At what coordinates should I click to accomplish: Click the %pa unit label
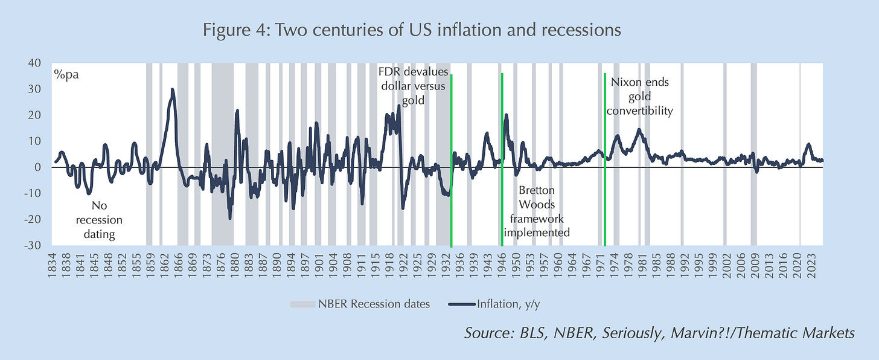pos(66,76)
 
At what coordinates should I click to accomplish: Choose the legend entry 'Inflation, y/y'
pos(500,304)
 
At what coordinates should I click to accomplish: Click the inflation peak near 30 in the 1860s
pos(172,90)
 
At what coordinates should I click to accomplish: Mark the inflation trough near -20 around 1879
pos(230,218)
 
